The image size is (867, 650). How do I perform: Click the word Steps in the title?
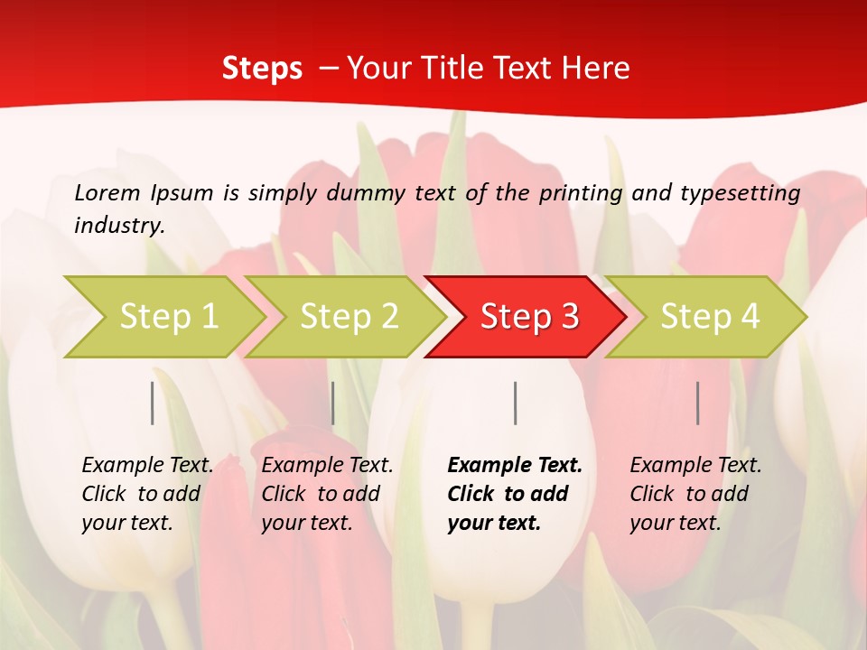click(x=262, y=69)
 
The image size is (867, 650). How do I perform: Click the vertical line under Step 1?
click(x=153, y=403)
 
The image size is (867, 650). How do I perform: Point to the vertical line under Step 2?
click(x=333, y=403)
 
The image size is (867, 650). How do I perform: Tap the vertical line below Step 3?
click(x=516, y=403)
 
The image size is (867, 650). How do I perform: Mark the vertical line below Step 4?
click(x=698, y=403)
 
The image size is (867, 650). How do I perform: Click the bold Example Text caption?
click(x=515, y=494)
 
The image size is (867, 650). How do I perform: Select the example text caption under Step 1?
click(x=147, y=494)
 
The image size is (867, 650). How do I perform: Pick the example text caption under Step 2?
click(x=327, y=494)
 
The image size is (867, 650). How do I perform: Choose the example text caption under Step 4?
click(x=695, y=494)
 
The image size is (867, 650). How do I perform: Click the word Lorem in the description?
click(x=107, y=192)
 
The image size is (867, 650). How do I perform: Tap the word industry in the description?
click(x=119, y=226)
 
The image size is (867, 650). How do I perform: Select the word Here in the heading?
click(x=597, y=69)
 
